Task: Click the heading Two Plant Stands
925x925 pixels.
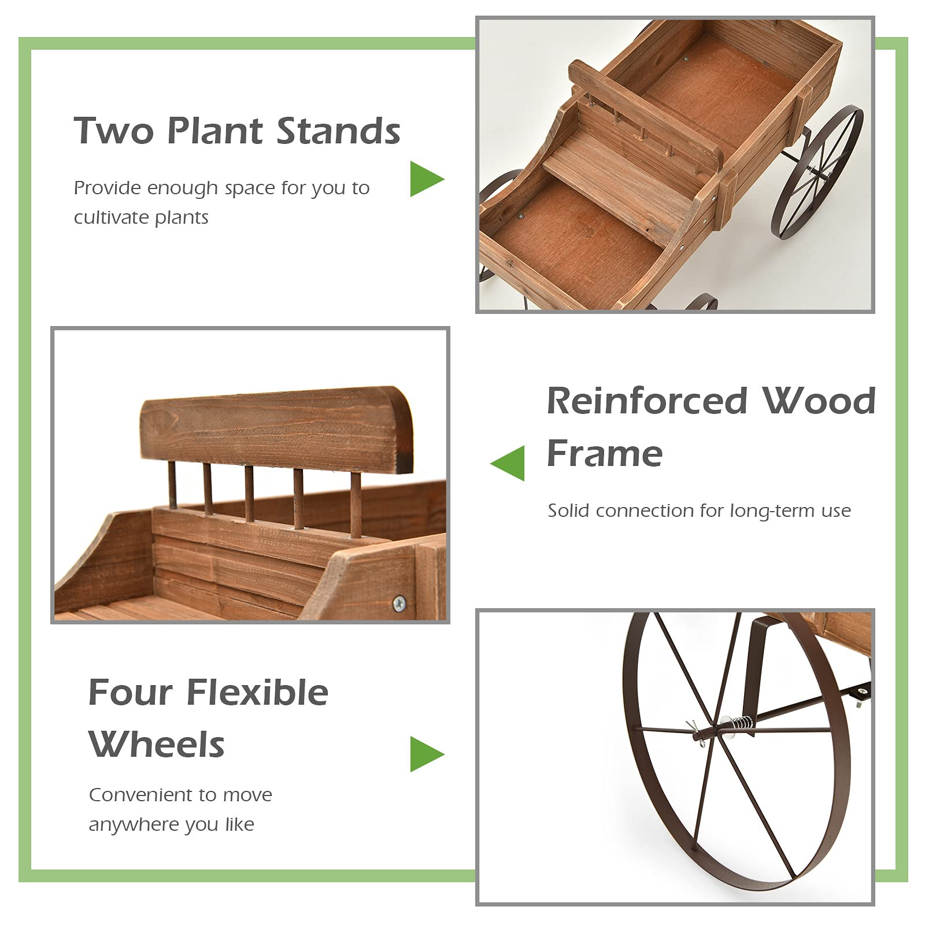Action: click(237, 131)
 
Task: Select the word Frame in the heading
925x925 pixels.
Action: click(605, 453)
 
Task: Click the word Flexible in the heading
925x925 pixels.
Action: click(257, 692)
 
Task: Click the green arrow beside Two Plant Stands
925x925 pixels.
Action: click(426, 179)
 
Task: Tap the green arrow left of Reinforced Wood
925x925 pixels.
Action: click(509, 462)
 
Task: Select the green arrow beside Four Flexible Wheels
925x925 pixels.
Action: click(426, 754)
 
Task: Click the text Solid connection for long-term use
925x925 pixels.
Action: click(699, 510)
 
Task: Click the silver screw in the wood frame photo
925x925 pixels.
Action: click(399, 604)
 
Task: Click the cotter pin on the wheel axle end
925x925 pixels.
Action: click(695, 733)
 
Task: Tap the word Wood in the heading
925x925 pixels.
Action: click(819, 401)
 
